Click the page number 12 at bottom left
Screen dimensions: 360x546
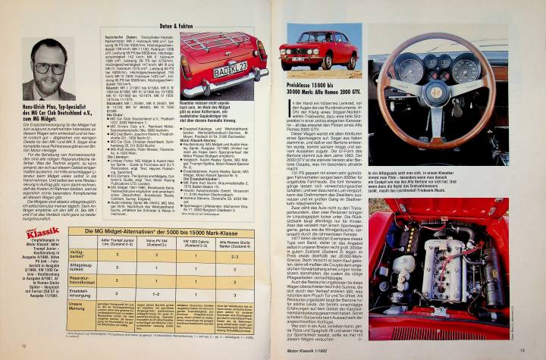[x=23, y=347]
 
